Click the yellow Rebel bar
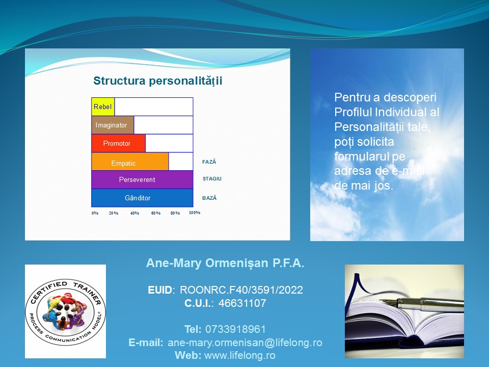(x=103, y=107)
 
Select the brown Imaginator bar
(x=113, y=125)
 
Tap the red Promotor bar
(x=119, y=143)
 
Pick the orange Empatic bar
(x=130, y=162)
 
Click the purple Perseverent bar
(x=142, y=180)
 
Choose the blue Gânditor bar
(x=142, y=198)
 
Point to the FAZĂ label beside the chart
(x=209, y=162)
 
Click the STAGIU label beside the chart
(x=212, y=179)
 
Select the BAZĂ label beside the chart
(x=209, y=198)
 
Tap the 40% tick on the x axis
(x=134, y=213)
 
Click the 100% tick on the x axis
(x=195, y=213)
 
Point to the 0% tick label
(x=95, y=213)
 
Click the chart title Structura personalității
(x=158, y=81)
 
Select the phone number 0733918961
(x=235, y=329)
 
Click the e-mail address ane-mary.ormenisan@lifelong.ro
(x=245, y=343)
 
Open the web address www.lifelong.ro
(x=240, y=355)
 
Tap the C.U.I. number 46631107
(x=242, y=303)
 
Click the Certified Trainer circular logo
(x=66, y=312)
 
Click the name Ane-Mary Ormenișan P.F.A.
(x=225, y=263)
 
